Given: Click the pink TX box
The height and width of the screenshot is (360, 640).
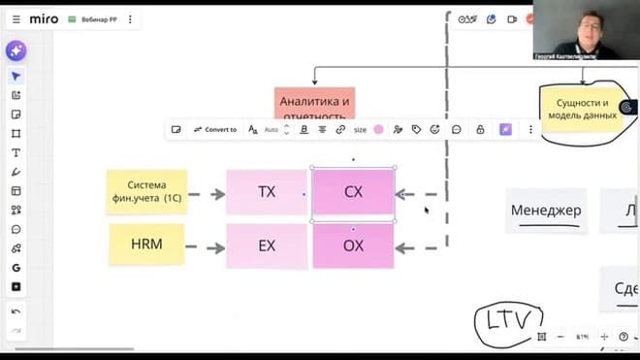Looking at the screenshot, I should click(x=267, y=192).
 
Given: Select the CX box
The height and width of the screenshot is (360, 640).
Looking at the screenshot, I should click(x=353, y=192).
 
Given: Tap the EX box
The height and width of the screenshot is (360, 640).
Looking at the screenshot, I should click(x=267, y=246).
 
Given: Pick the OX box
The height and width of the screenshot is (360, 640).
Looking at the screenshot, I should click(x=353, y=246).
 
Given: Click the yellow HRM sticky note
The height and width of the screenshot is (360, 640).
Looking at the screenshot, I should click(x=145, y=245).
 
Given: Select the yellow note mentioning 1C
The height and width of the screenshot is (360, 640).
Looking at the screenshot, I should click(x=146, y=191).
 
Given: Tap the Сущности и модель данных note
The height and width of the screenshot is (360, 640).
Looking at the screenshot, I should click(x=582, y=109).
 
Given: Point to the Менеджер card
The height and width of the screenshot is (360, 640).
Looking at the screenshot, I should click(x=546, y=211).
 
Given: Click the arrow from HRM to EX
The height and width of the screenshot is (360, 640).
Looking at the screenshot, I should click(x=205, y=247).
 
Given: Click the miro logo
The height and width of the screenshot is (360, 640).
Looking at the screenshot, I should click(x=44, y=18).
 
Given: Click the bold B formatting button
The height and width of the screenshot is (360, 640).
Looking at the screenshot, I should click(x=304, y=129).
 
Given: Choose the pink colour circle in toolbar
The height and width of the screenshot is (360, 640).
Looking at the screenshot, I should click(x=378, y=129).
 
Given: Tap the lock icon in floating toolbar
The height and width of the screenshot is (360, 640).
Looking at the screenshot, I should click(x=479, y=129).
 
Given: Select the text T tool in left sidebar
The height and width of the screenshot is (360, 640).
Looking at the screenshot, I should click(x=16, y=152).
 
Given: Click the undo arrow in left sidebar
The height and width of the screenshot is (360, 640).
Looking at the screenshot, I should click(x=16, y=311).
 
